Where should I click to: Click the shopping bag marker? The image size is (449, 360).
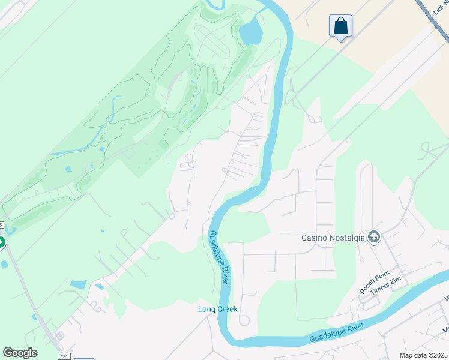pyautogui.click(x=340, y=26)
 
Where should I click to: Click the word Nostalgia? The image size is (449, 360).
pyautogui.click(x=346, y=238)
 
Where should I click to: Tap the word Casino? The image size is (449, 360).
pyautogui.click(x=313, y=238)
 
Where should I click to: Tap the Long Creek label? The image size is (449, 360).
pyautogui.click(x=218, y=310)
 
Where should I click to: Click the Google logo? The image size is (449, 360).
pyautogui.click(x=20, y=353)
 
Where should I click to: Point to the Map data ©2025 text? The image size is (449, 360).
pyautogui.click(x=423, y=355)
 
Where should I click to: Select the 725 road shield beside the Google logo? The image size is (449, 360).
pyautogui.click(x=64, y=356)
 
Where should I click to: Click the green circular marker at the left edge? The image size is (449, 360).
pyautogui.click(x=1, y=242)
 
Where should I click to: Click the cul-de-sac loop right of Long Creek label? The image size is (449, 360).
pyautogui.click(x=244, y=320)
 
